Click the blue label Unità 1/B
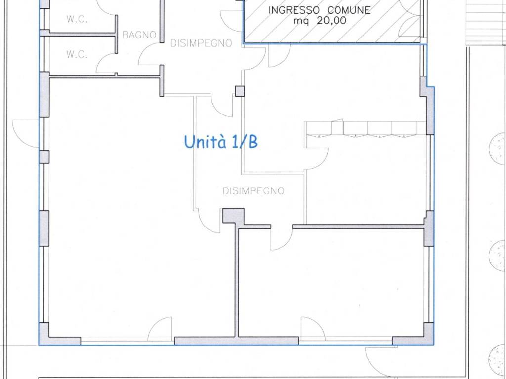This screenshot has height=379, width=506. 221,142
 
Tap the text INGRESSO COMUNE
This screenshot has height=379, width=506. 320,10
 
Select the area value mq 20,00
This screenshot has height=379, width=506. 320,21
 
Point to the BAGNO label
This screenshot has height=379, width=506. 139,35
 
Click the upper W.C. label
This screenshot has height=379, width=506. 77,19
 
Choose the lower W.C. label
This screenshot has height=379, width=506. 77,55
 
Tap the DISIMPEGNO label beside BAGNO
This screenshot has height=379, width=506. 201,43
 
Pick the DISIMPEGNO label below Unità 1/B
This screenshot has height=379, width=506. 253,191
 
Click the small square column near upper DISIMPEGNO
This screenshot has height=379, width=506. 240,91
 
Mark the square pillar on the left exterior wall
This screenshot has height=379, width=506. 44,156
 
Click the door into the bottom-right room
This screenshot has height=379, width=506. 281,238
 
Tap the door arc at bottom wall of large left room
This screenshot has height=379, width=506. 160,328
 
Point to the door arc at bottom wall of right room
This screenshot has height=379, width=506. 313,328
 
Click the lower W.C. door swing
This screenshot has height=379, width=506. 106,63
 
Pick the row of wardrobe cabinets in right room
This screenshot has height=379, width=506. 366,129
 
